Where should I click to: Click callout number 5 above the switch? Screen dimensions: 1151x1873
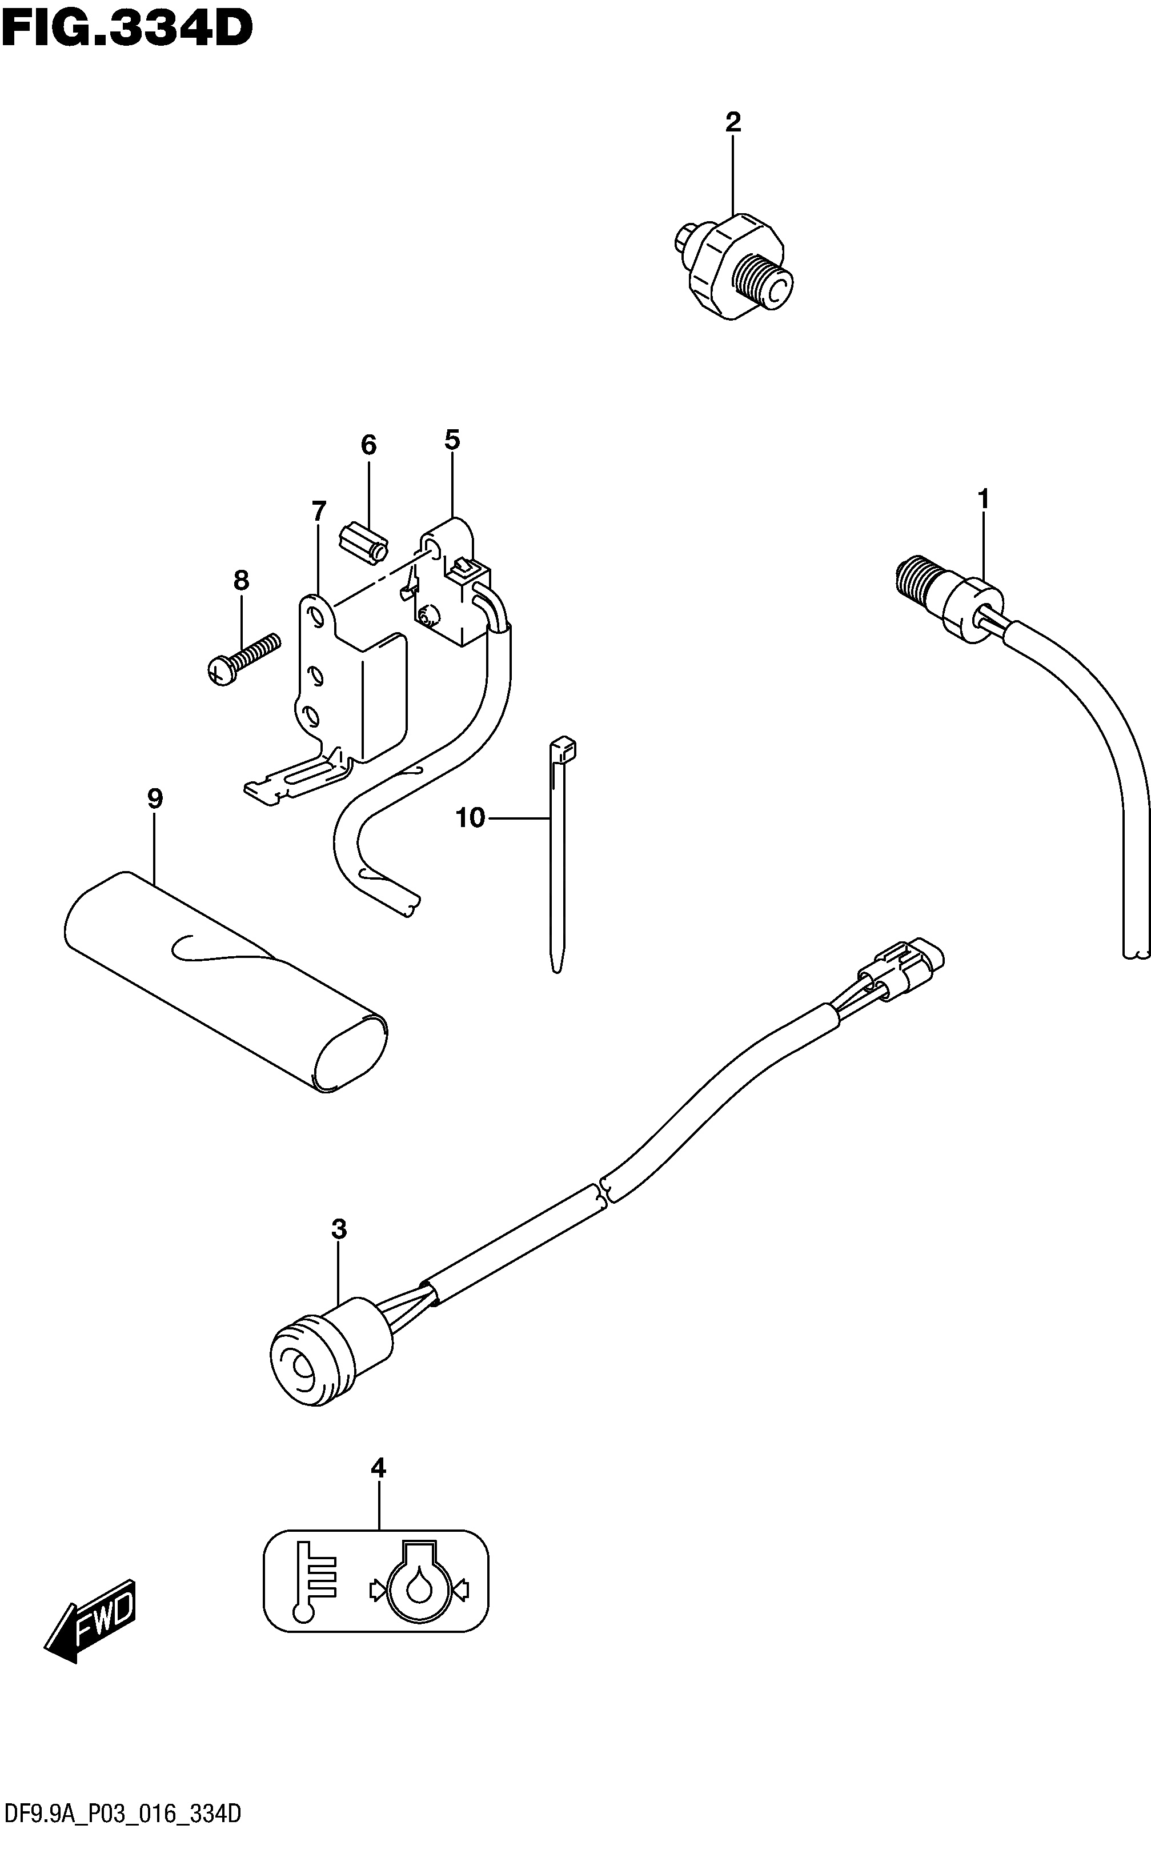[x=452, y=440]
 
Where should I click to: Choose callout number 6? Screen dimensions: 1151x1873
[x=368, y=445]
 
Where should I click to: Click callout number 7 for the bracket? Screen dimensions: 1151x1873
[x=318, y=511]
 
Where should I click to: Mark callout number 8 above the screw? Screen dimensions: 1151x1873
[x=240, y=581]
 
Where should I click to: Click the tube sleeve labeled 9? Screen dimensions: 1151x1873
[x=225, y=983]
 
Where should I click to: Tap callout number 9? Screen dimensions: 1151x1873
[x=155, y=799]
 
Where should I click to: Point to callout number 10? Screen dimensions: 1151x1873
[x=470, y=818]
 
